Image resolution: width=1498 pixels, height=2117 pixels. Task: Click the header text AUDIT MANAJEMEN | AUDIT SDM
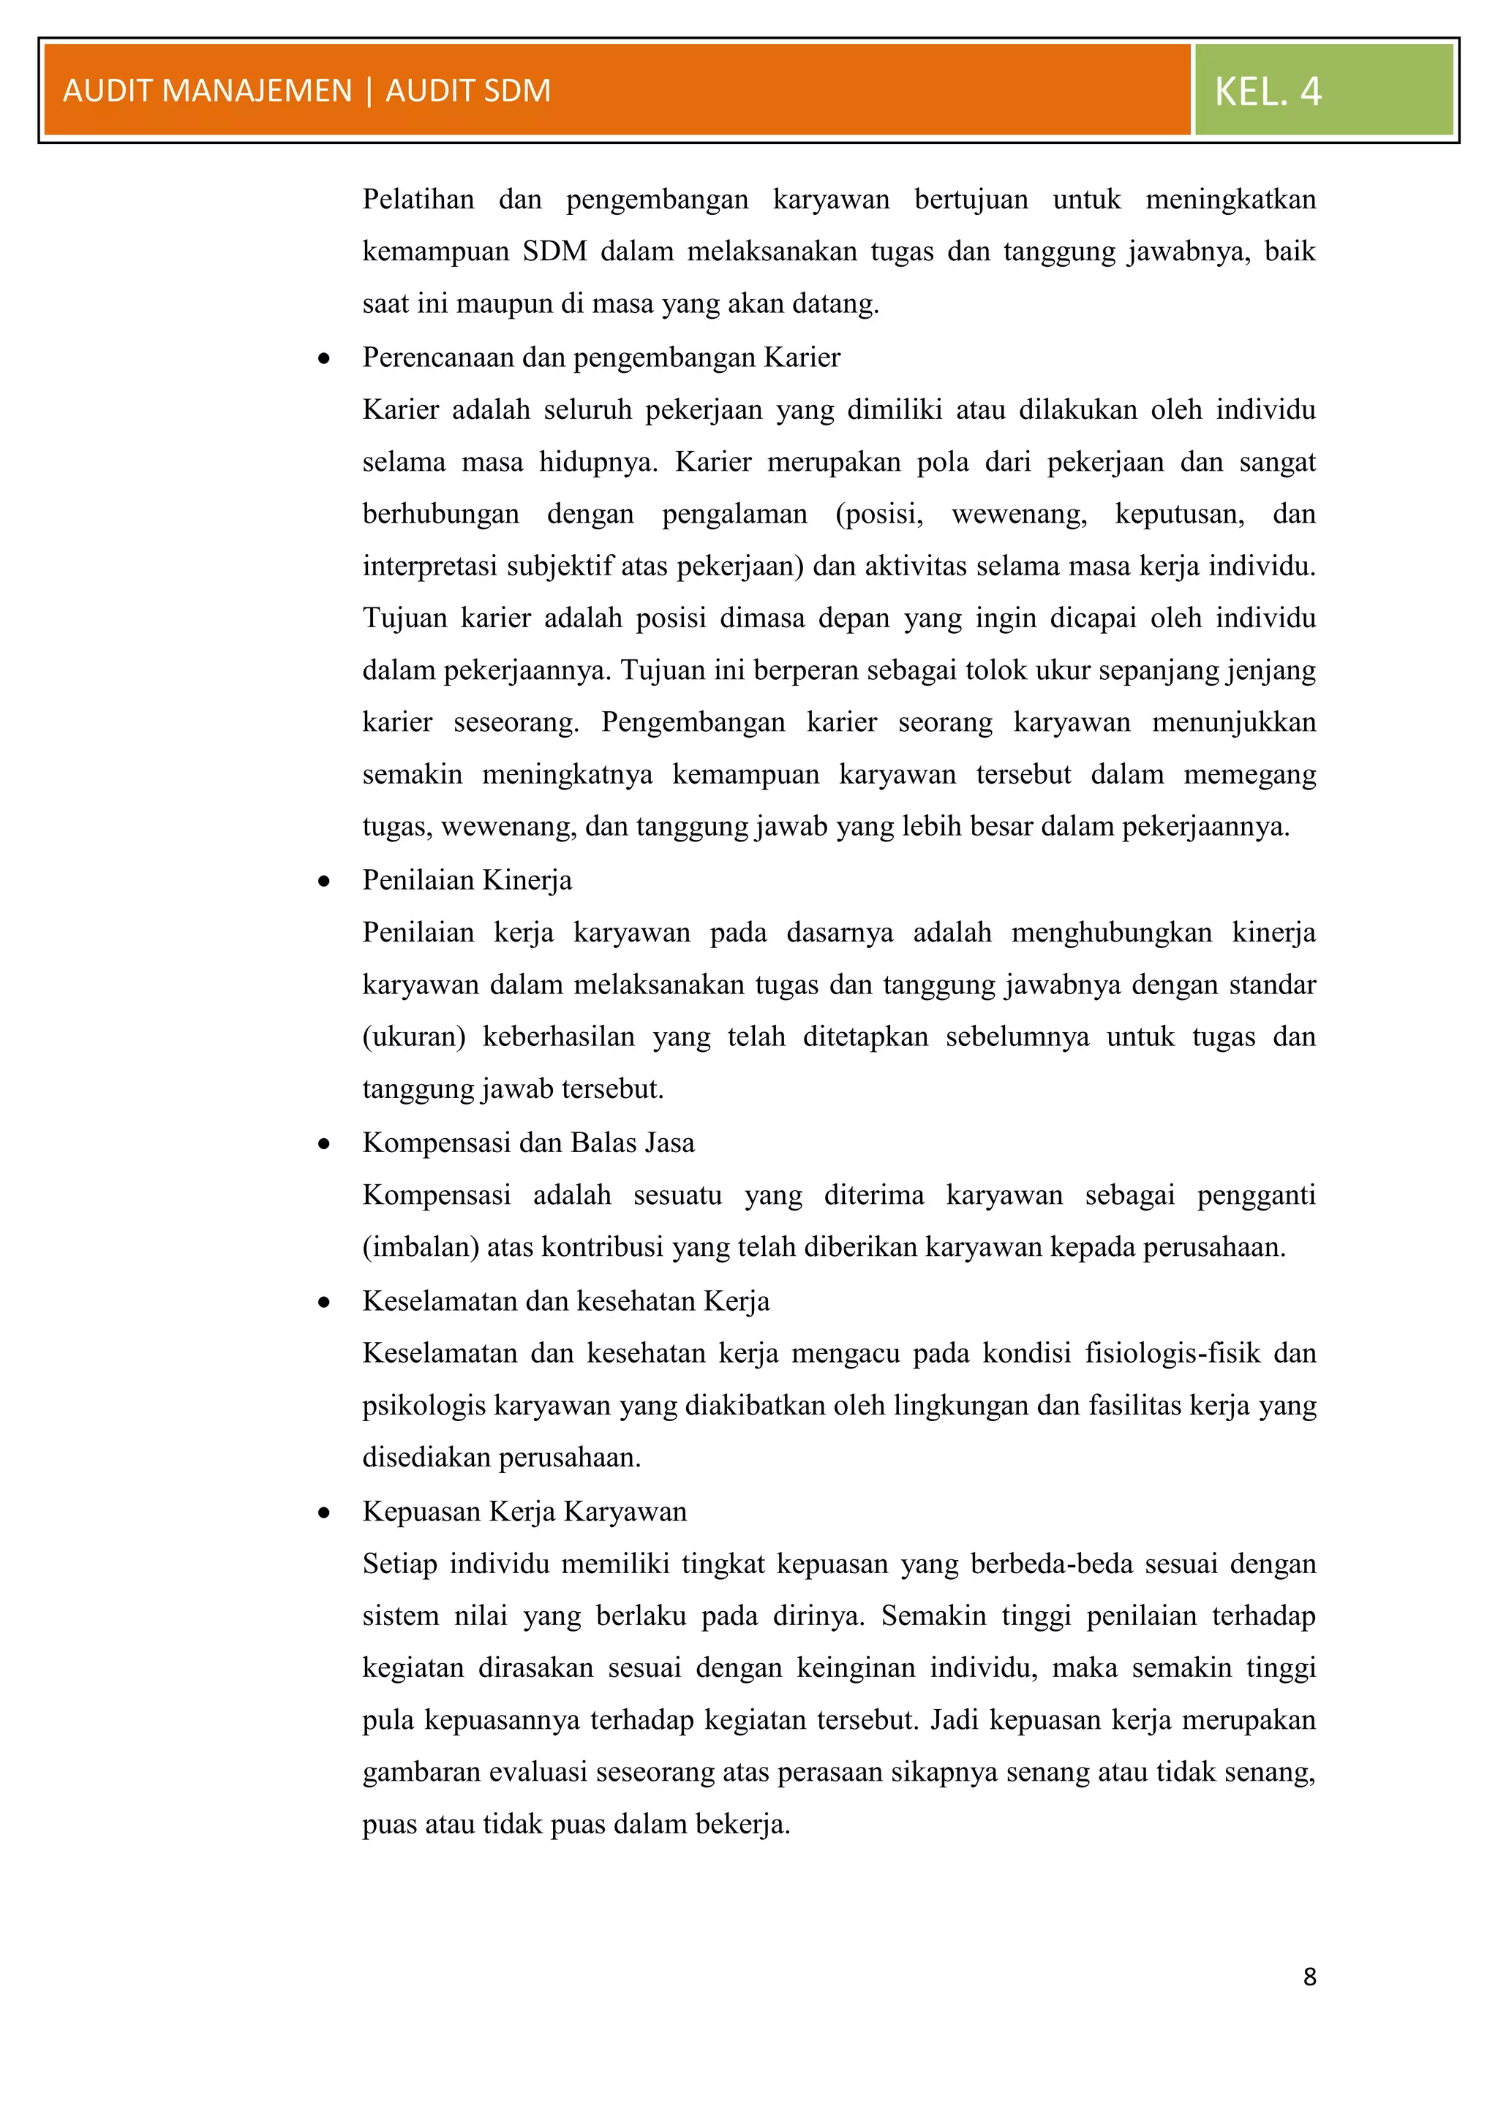pos(306,91)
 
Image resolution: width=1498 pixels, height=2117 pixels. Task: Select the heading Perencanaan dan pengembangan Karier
pos(601,357)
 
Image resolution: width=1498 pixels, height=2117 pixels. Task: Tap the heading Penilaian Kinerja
pos(467,881)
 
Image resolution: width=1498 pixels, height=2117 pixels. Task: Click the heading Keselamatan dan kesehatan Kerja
pos(565,1301)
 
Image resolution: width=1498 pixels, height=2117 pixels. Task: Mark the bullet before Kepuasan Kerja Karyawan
pos(324,1513)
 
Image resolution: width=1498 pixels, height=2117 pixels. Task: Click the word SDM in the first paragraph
pos(554,251)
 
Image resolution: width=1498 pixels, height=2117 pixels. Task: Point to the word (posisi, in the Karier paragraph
pos(879,515)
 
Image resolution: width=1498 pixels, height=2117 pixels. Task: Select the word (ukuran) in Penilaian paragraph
pos(413,1037)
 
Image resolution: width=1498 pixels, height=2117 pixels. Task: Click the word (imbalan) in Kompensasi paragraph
pos(420,1248)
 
